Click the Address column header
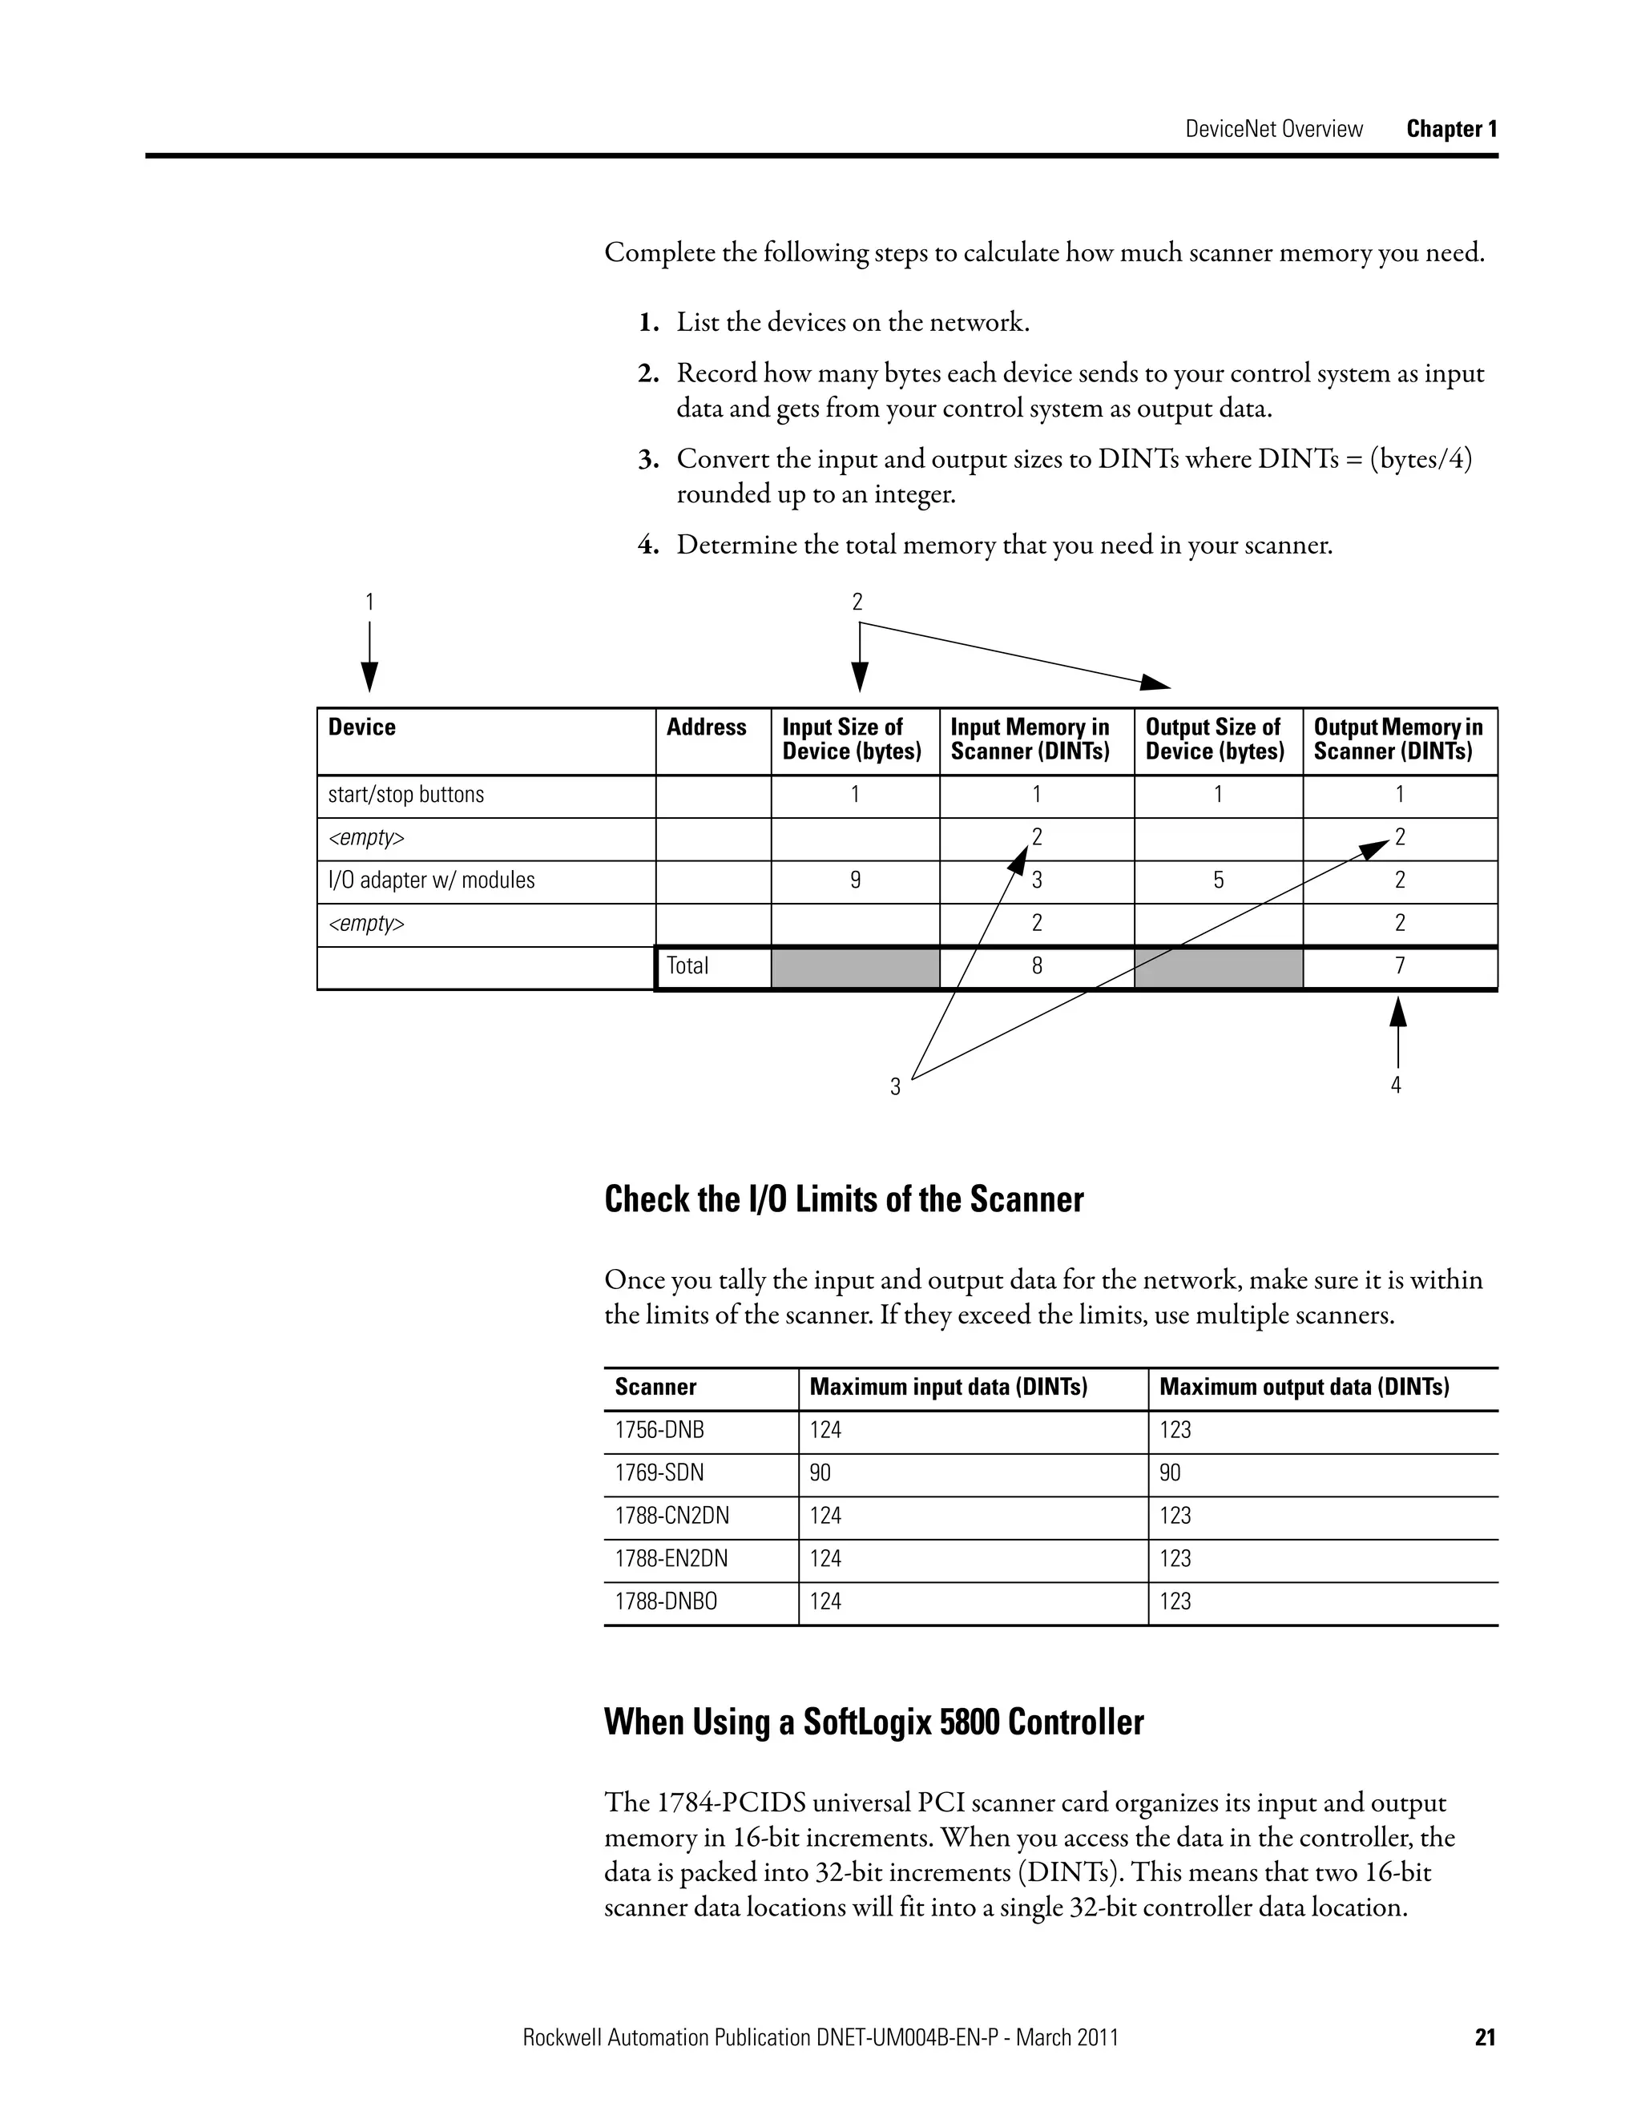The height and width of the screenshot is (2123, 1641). pyautogui.click(x=706, y=727)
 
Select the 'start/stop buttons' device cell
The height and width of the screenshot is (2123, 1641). pyautogui.click(x=405, y=796)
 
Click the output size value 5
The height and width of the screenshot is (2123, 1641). pyautogui.click(x=1217, y=880)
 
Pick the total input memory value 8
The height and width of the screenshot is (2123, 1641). pyautogui.click(x=1036, y=966)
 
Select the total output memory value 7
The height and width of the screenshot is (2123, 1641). pyautogui.click(x=1399, y=966)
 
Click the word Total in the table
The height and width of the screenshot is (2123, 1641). pyautogui.click(x=687, y=966)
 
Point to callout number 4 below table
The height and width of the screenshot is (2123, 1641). pyautogui.click(x=1396, y=1086)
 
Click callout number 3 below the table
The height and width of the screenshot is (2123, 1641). pyautogui.click(x=895, y=1087)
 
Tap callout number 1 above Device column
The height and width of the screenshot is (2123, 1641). pyautogui.click(x=369, y=602)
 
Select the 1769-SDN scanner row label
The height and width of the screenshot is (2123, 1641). pyautogui.click(x=659, y=1472)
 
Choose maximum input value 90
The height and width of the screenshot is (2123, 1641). pyautogui.click(x=820, y=1472)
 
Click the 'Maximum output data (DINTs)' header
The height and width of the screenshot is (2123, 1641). pyautogui.click(x=1304, y=1387)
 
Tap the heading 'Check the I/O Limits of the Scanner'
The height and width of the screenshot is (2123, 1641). pyautogui.click(x=843, y=1199)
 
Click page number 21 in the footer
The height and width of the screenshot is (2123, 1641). pyautogui.click(x=1485, y=2010)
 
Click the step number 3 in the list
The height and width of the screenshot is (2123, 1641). pyautogui.click(x=648, y=460)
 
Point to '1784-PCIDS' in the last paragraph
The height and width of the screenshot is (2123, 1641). pyautogui.click(x=730, y=1803)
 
